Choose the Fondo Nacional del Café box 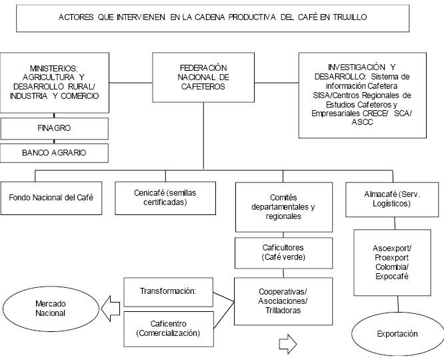point(51,198)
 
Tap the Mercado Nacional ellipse point(51,308)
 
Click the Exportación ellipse point(397,333)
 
